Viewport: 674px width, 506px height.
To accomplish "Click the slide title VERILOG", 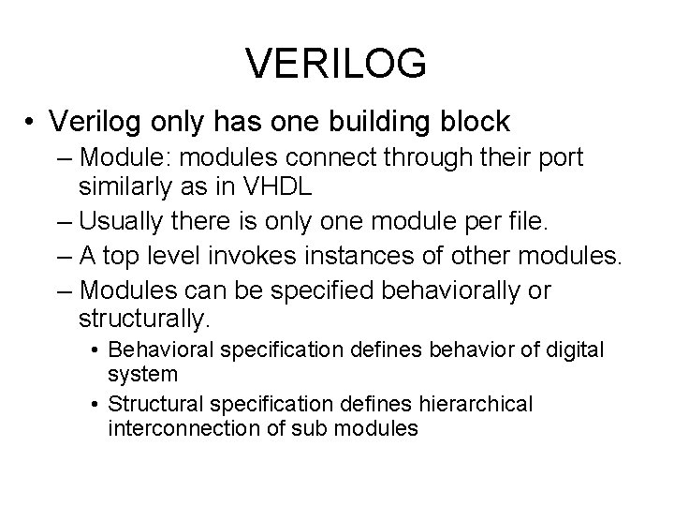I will point(337,64).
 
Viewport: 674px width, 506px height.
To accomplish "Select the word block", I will point(475,122).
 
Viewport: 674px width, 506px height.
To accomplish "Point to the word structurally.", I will point(141,319).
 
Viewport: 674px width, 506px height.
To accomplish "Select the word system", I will point(143,373).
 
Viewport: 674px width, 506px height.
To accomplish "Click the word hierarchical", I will point(479,404).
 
